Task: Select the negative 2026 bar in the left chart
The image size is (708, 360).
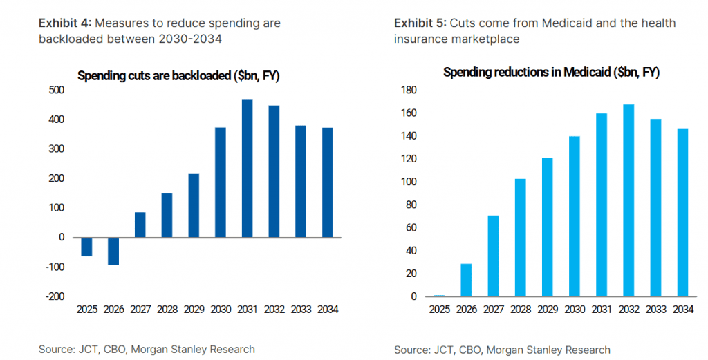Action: pyautogui.click(x=113, y=251)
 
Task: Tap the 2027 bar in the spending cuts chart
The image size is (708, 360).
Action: pyautogui.click(x=140, y=225)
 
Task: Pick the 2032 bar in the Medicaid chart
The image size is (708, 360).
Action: pyautogui.click(x=628, y=200)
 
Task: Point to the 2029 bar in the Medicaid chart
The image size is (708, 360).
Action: pyautogui.click(x=547, y=227)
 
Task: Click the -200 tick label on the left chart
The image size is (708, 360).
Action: pyautogui.click(x=55, y=296)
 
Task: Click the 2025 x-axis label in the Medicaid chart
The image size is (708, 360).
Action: pyautogui.click(x=439, y=310)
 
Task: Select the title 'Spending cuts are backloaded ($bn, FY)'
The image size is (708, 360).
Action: pyautogui.click(x=178, y=75)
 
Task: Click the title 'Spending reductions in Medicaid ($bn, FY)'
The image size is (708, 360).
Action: pyautogui.click(x=551, y=72)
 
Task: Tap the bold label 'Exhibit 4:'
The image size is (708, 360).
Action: pyautogui.click(x=66, y=23)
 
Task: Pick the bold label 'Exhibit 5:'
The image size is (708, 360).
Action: pyautogui.click(x=420, y=23)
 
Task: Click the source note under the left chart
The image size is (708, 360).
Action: pyautogui.click(x=147, y=349)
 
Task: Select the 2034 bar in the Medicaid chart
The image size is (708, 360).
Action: pyautogui.click(x=682, y=212)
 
